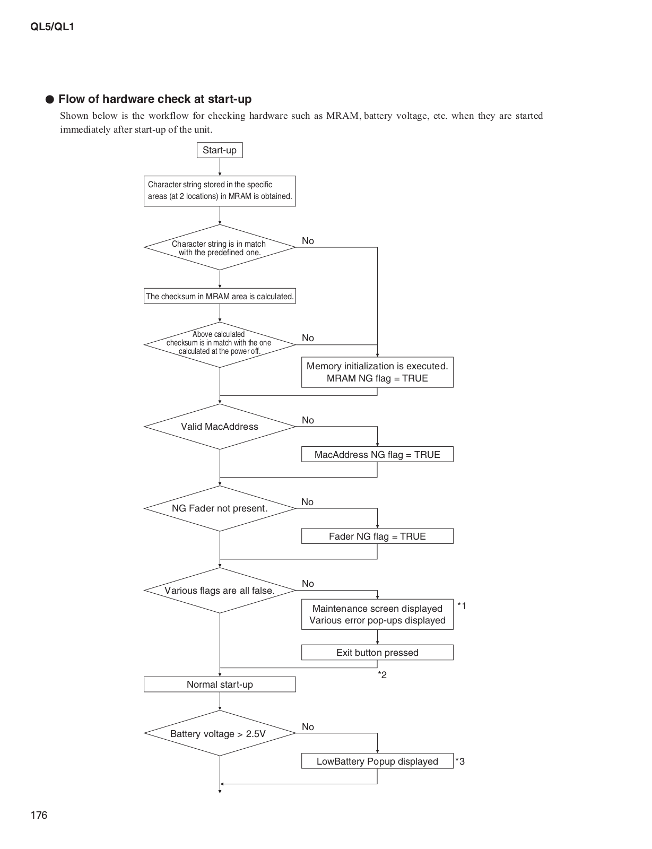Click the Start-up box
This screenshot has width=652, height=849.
[x=220, y=150]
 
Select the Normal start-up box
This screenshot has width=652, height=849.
[x=220, y=684]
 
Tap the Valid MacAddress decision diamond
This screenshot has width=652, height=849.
[x=220, y=426]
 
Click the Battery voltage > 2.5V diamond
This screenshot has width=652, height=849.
[x=220, y=733]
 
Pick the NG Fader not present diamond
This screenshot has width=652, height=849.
[x=220, y=508]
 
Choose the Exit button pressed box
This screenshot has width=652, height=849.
[x=377, y=652]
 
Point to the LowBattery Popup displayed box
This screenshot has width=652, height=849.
[x=377, y=761]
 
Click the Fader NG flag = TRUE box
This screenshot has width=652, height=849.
[x=377, y=536]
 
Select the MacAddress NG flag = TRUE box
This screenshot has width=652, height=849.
[x=377, y=454]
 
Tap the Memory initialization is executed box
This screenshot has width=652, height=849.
[x=377, y=372]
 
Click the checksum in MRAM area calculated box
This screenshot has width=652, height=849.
[x=220, y=296]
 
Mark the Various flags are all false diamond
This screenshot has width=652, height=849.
[x=220, y=591]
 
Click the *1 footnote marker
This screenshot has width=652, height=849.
[x=462, y=605]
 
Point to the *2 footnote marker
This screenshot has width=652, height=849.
[x=382, y=674]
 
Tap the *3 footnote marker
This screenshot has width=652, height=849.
[x=460, y=761]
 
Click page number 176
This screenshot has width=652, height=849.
[x=39, y=815]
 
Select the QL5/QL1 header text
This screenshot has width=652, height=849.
[x=53, y=27]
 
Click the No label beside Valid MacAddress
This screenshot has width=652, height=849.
[x=308, y=420]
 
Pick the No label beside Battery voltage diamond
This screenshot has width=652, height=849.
[x=308, y=727]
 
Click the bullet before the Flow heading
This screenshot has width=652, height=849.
[x=50, y=99]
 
